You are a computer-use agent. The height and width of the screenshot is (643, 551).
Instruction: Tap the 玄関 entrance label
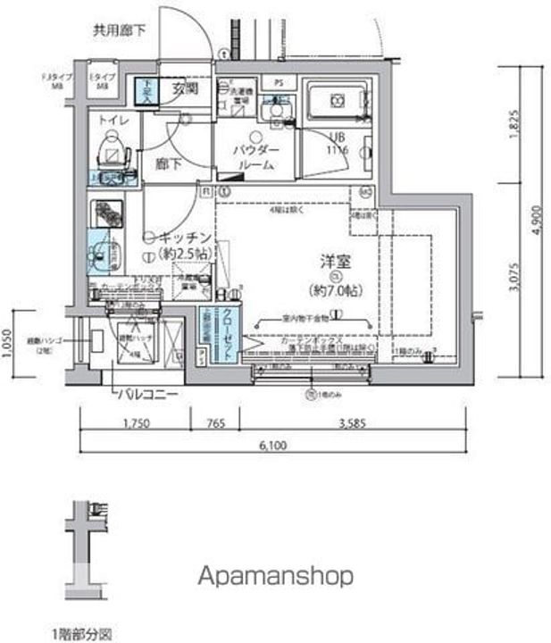tap(185, 88)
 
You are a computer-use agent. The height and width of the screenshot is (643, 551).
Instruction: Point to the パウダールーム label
tap(255, 157)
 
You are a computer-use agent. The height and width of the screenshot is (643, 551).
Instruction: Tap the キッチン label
tap(186, 238)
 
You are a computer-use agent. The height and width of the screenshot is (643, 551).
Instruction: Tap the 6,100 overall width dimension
tap(275, 445)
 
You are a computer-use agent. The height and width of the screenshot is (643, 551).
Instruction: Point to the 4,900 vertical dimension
tap(533, 218)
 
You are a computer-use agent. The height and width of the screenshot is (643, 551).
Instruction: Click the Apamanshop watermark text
tap(275, 575)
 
